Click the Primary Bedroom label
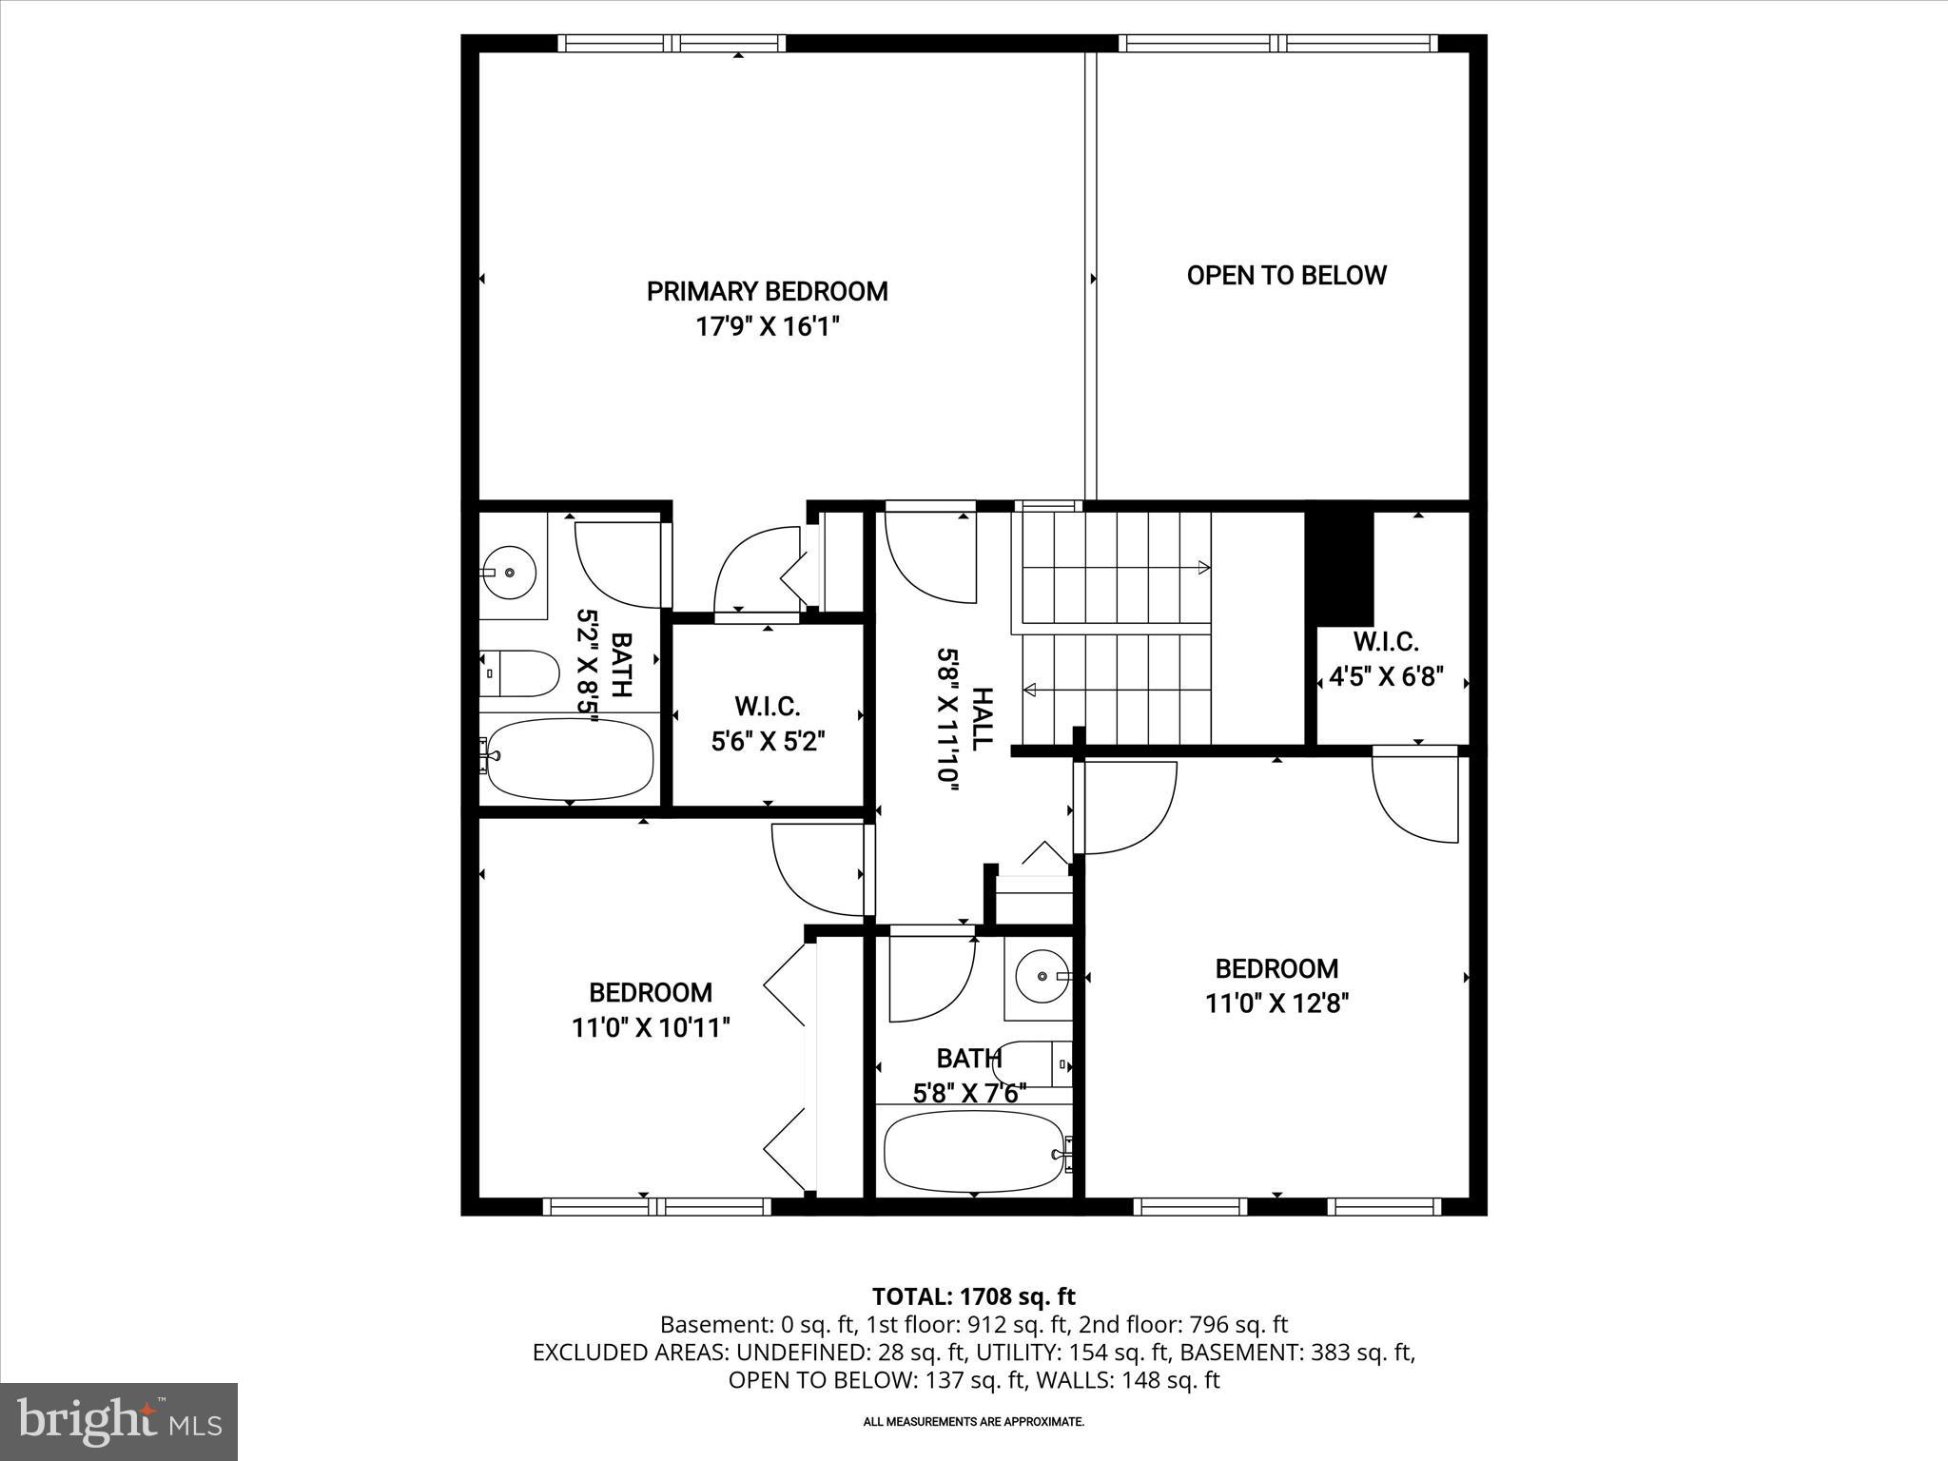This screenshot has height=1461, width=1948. [767, 291]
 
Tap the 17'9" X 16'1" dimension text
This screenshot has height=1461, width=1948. [767, 327]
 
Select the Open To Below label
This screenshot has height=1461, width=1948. [1286, 276]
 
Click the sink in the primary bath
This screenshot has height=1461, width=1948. [509, 572]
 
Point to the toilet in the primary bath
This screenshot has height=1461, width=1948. [519, 673]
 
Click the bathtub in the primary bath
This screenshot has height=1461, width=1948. [569, 759]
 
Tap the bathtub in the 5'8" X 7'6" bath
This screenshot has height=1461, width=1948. [974, 1153]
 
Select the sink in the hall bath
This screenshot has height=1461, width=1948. [1041, 977]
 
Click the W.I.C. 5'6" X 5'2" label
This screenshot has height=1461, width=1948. [768, 724]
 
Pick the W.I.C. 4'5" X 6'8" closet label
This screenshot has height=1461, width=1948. [1386, 659]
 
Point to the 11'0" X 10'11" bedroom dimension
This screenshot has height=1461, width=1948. [651, 1028]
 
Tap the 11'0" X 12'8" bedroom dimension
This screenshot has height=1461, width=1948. [1276, 1003]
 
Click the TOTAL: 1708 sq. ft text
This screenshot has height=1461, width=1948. [973, 1296]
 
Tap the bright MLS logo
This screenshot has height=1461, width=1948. [119, 1421]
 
